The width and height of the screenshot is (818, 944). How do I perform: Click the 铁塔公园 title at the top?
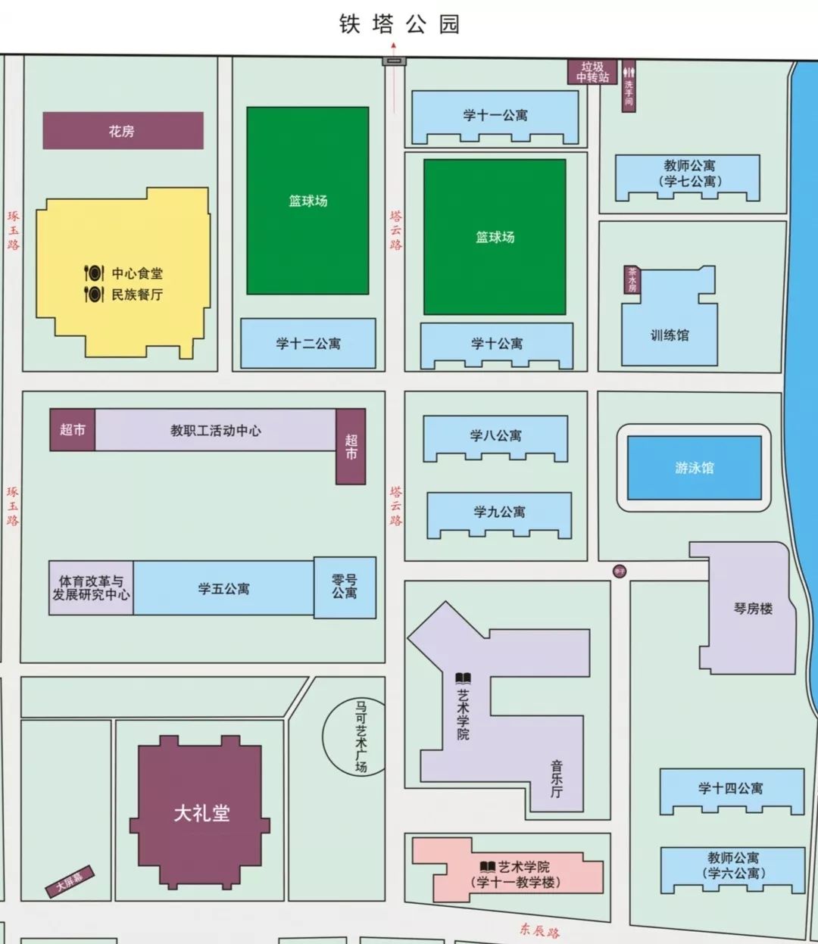[399, 24]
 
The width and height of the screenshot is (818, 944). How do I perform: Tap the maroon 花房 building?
[123, 131]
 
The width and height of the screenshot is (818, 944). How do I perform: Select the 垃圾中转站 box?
[592, 72]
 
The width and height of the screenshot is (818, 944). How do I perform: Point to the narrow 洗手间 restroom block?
[629, 86]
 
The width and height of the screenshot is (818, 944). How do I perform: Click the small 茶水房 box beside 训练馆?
[632, 279]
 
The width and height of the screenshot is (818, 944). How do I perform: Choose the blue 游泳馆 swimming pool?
[694, 468]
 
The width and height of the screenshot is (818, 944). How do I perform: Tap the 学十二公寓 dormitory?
[308, 344]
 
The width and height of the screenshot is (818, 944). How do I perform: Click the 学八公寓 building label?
[495, 435]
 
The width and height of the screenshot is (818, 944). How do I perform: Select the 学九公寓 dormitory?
[499, 513]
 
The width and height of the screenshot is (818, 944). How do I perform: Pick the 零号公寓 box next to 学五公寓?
[345, 587]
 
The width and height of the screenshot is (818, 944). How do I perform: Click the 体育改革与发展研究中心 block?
[91, 588]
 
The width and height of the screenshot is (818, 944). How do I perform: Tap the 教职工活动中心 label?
[216, 431]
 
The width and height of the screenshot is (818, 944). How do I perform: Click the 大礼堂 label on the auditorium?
[201, 813]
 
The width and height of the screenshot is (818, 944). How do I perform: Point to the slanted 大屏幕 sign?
[69, 882]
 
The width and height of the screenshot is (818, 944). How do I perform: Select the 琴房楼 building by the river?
[753, 609]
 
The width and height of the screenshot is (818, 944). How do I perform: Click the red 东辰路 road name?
[539, 930]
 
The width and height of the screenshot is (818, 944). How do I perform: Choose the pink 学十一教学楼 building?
[515, 874]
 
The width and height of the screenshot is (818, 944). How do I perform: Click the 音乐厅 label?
[557, 780]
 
